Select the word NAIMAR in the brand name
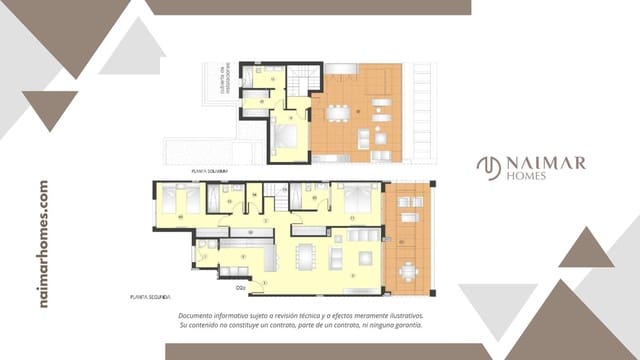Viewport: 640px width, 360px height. pyautogui.click(x=544, y=163)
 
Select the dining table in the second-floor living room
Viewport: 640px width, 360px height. pyautogui.click(x=305, y=257)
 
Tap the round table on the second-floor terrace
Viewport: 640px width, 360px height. pyautogui.click(x=407, y=270)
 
